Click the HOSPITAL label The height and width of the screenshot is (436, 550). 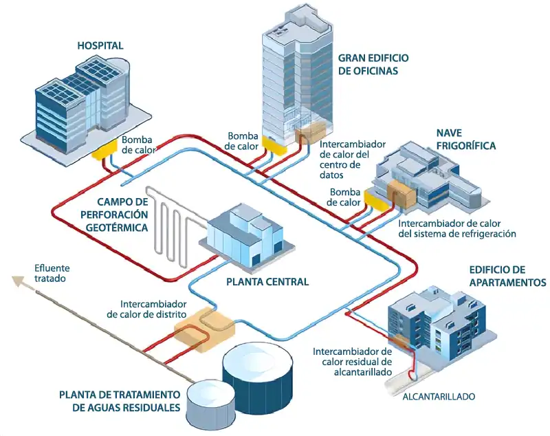tap(100, 46)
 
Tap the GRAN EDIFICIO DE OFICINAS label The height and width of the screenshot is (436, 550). tap(373, 63)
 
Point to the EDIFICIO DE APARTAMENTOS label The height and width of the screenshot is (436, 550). tap(507, 276)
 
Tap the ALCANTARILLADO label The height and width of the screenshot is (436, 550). tap(439, 397)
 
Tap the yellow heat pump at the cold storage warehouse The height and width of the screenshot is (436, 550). tap(377, 199)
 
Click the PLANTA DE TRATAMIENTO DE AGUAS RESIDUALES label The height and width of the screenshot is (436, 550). tap(120, 401)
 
